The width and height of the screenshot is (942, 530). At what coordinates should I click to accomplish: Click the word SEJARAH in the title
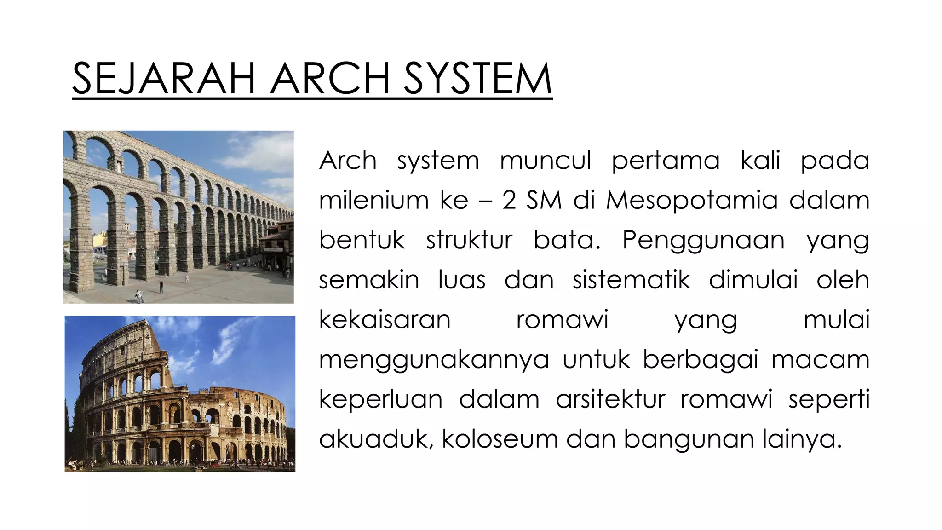tap(164, 79)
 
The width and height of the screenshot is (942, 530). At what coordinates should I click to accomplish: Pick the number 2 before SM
tap(509, 201)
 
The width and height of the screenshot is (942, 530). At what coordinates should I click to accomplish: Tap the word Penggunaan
tap(703, 241)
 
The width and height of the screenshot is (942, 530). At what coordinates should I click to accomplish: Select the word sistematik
tap(631, 280)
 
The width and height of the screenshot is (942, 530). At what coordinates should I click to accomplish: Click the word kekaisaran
tap(385, 320)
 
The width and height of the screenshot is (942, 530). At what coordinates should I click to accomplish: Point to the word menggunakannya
tap(434, 360)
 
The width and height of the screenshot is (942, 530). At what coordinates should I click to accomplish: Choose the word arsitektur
tap(610, 399)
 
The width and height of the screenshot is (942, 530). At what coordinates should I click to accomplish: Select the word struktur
tap(469, 241)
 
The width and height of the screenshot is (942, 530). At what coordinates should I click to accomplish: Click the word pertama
tap(665, 161)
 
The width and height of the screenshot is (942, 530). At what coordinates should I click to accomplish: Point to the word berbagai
tap(700, 360)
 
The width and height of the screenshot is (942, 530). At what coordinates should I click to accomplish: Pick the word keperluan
tap(380, 399)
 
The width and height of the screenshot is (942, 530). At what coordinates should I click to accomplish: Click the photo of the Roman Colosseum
tap(180, 393)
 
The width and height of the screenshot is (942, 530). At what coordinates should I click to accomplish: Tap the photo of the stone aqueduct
tap(178, 217)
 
